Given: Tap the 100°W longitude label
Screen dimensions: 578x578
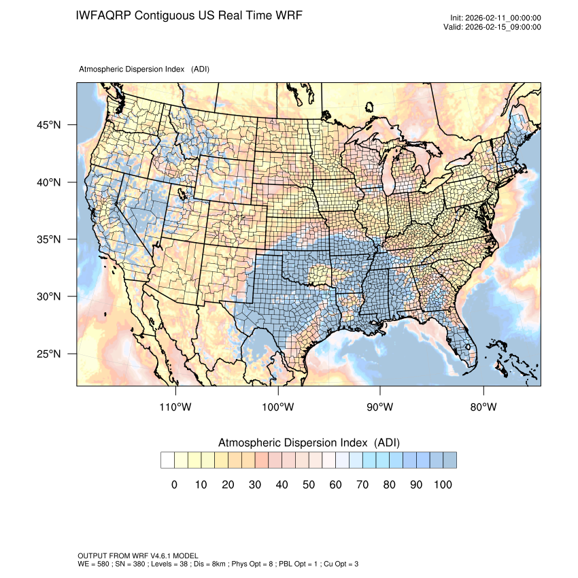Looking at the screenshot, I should (278, 407).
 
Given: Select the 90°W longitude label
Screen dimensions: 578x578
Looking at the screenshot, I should (380, 407).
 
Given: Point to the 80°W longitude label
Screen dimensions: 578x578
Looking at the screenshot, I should (483, 407).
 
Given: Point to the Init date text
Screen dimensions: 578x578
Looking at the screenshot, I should (496, 18).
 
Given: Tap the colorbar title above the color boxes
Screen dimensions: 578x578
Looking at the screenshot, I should (309, 443).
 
